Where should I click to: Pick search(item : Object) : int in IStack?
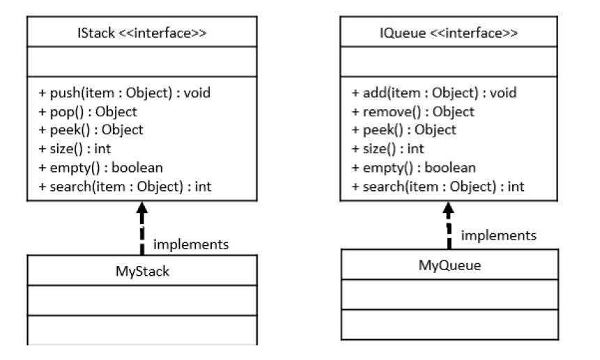(x=119, y=186)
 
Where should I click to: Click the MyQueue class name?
(x=449, y=265)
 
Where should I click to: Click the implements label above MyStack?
(x=190, y=244)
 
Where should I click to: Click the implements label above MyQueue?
(x=499, y=235)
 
